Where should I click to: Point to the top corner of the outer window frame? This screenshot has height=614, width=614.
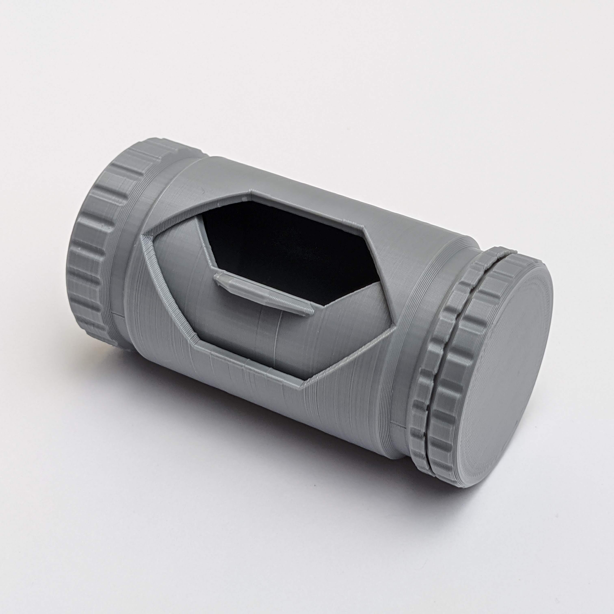click(251, 191)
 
